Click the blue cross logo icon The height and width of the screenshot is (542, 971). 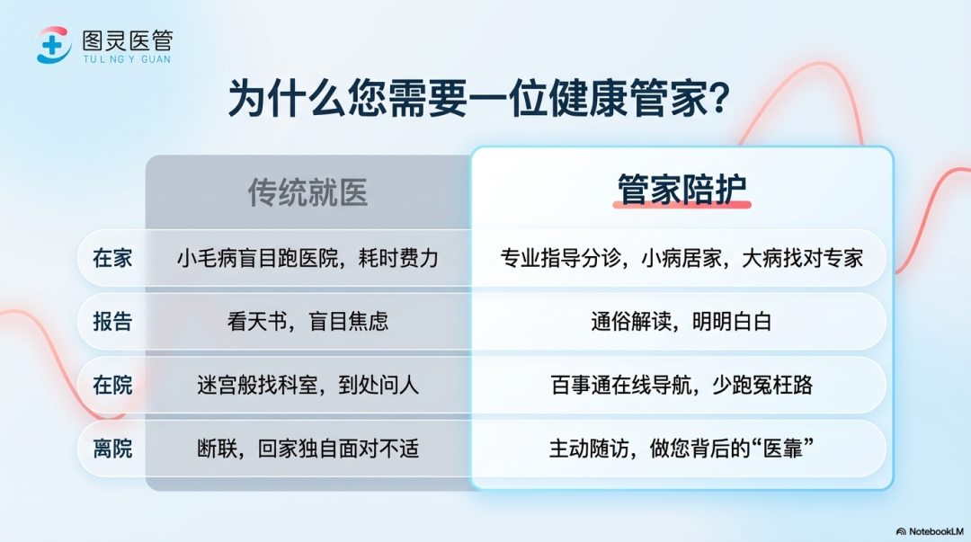(x=53, y=45)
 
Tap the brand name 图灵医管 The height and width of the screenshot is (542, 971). (x=128, y=40)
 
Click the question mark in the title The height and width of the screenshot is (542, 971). (x=719, y=97)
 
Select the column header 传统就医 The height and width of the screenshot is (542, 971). (x=307, y=192)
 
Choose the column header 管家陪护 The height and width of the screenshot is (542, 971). (x=681, y=189)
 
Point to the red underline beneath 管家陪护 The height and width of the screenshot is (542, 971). (x=681, y=204)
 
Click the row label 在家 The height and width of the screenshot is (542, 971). (x=112, y=258)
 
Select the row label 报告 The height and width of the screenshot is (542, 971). (x=112, y=322)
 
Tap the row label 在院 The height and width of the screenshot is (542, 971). (x=112, y=386)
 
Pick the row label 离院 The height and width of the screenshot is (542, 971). (x=112, y=449)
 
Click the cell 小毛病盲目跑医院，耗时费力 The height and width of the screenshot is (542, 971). (x=307, y=258)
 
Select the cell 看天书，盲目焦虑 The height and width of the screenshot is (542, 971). (x=307, y=322)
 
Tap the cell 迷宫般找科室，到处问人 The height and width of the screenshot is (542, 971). (x=307, y=386)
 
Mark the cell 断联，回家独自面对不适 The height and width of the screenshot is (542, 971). (x=307, y=449)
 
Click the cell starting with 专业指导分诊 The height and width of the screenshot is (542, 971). (x=681, y=258)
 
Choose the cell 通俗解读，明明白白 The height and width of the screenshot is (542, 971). (x=681, y=322)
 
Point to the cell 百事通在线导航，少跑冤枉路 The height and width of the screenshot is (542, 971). (x=681, y=386)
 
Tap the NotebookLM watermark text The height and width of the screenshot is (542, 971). (x=936, y=531)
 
